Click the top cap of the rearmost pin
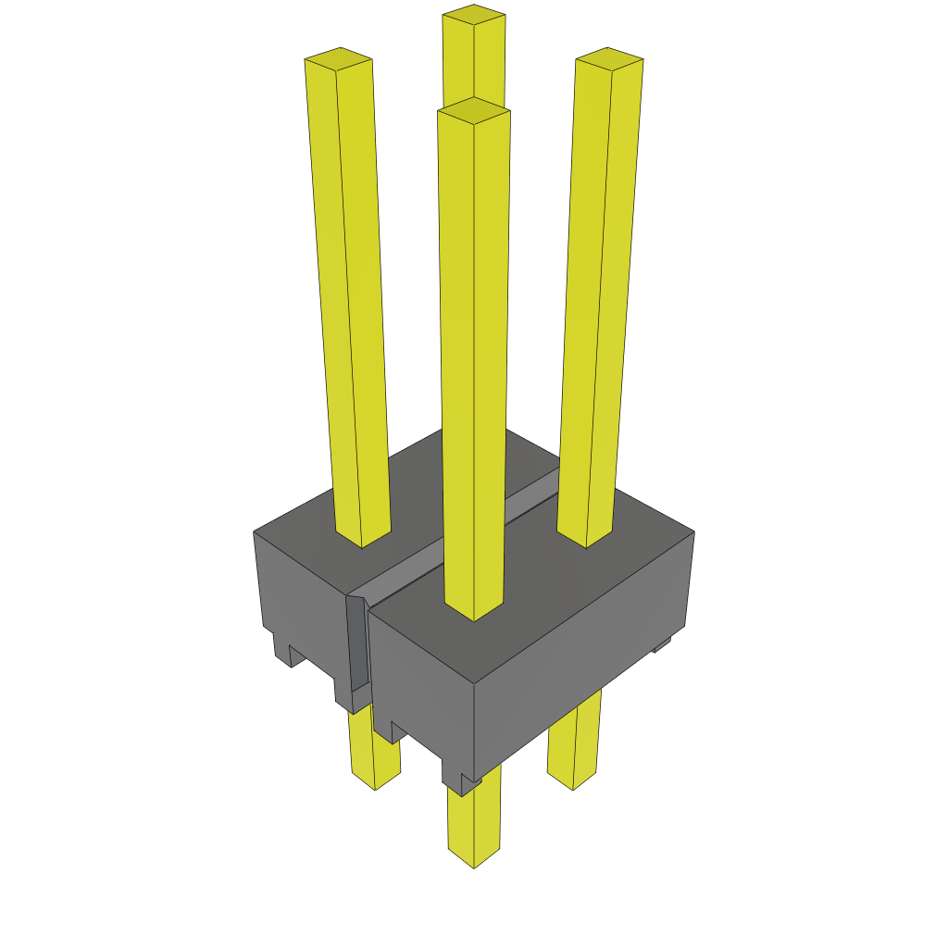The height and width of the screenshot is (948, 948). (474, 13)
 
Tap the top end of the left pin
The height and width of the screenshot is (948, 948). (338, 58)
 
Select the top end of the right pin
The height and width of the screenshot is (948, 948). (609, 57)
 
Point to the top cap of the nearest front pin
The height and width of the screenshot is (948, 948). (474, 110)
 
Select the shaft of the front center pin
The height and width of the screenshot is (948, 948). (474, 370)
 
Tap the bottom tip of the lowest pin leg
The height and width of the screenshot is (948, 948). (474, 859)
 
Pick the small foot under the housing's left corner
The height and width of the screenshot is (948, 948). (282, 648)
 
